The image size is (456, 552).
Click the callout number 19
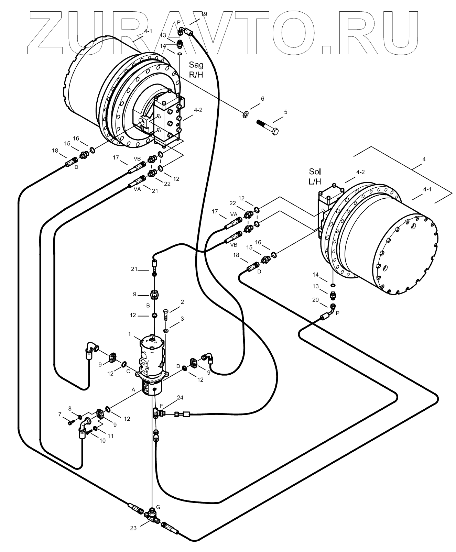point(204,14)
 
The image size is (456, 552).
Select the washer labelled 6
point(246,114)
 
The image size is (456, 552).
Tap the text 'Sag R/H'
point(196,69)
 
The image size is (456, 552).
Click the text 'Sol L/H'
point(315,176)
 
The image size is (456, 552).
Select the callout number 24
point(180,398)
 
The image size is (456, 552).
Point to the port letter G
point(158,507)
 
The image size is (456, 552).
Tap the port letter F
point(161,406)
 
